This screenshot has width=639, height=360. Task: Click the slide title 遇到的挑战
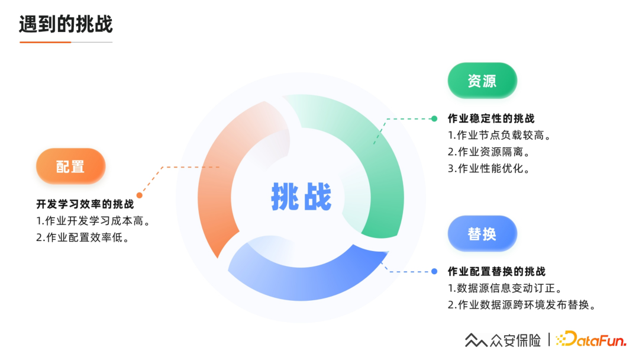point(66,25)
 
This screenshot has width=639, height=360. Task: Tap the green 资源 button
point(482,81)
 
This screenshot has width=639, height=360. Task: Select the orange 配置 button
point(70,166)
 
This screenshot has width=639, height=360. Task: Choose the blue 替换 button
point(482,234)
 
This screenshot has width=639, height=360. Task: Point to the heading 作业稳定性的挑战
point(491,119)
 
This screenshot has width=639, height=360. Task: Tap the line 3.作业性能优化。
point(489,168)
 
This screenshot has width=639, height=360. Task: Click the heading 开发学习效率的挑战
point(85,205)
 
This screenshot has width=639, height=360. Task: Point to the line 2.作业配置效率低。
point(83,238)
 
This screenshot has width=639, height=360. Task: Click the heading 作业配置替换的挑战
point(496,272)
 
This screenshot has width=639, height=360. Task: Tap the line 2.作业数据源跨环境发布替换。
point(521,305)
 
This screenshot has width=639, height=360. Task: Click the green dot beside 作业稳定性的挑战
point(434,119)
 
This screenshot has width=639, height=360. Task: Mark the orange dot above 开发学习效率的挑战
point(140,195)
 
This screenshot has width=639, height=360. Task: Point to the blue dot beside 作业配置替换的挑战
point(434,272)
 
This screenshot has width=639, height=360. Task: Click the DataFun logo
point(591,339)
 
